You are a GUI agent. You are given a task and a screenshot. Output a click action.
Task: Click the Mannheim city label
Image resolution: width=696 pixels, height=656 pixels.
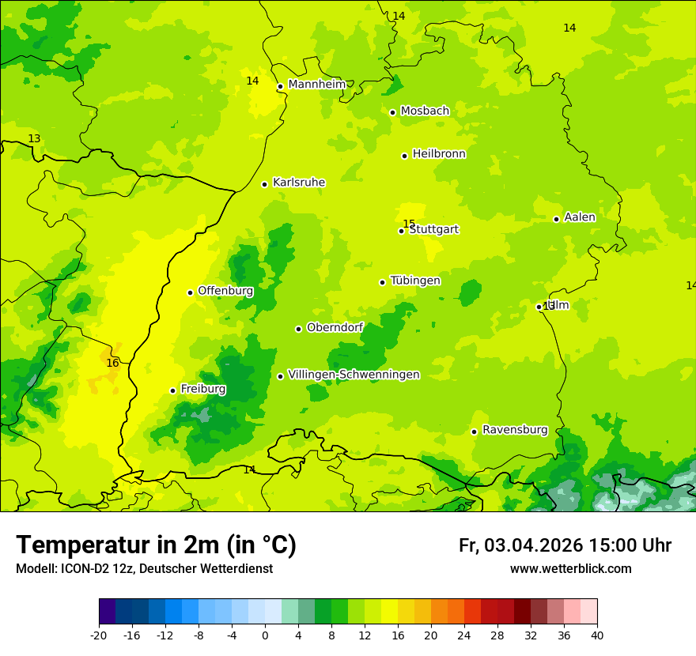[316, 85]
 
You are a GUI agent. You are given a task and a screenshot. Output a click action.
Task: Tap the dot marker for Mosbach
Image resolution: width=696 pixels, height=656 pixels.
[392, 112]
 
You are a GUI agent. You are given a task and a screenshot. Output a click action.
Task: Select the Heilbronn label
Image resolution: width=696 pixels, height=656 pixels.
[439, 154]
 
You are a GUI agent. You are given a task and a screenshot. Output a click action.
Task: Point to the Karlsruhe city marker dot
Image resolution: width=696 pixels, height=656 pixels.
[264, 184]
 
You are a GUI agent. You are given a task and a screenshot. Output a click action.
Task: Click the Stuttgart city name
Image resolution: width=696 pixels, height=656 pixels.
[433, 230]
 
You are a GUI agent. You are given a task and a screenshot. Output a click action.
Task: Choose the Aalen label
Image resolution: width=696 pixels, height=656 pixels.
[580, 217]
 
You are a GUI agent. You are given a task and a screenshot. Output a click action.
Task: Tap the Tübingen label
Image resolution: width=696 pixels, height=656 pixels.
[415, 281]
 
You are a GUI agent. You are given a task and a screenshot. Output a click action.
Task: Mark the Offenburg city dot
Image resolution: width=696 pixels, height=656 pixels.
[190, 292]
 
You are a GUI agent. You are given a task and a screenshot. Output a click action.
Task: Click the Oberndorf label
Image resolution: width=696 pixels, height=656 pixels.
[335, 327]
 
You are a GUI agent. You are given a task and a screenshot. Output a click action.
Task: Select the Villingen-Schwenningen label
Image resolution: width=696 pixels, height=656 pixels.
[354, 375]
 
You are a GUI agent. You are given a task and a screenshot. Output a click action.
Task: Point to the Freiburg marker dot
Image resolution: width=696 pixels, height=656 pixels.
[172, 390]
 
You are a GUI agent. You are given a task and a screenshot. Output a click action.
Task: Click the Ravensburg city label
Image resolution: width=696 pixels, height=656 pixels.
[515, 430]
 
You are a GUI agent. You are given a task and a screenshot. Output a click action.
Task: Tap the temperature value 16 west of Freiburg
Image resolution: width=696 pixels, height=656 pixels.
[112, 364]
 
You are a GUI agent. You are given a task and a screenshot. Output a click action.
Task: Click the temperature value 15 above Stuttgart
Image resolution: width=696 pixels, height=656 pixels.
[409, 224]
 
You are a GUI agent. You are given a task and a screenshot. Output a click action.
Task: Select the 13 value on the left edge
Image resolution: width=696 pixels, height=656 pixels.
[34, 139]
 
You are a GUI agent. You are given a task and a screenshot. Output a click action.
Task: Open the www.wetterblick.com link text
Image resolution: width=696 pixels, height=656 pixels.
[570, 569]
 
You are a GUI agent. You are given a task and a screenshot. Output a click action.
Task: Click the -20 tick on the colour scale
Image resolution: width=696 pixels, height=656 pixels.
[99, 635]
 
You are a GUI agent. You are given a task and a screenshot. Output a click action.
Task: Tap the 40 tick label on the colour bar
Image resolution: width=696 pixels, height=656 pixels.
[596, 635]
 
